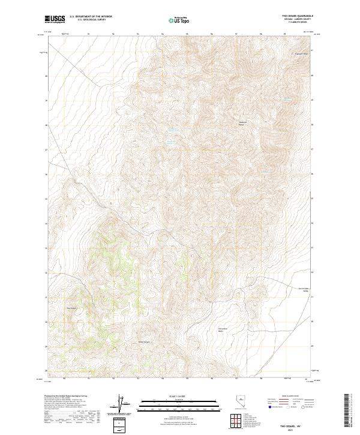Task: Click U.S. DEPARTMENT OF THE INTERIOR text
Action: (x=91, y=17)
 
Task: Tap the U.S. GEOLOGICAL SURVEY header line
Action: (x=91, y=20)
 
